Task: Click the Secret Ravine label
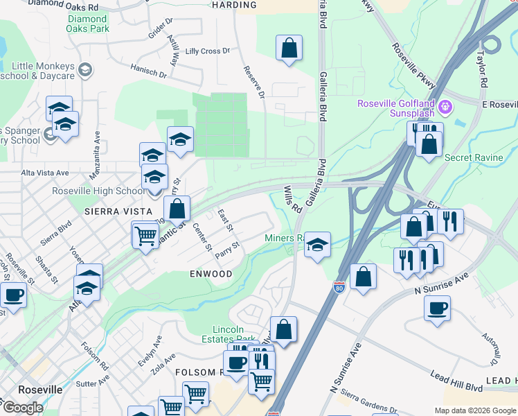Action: (474, 157)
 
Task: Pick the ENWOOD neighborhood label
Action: (211, 274)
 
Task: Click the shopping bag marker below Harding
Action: (289, 49)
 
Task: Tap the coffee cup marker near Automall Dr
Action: (437, 308)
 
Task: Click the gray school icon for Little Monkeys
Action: (84, 70)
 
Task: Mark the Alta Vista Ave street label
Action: (45, 173)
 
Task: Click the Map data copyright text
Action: (474, 410)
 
